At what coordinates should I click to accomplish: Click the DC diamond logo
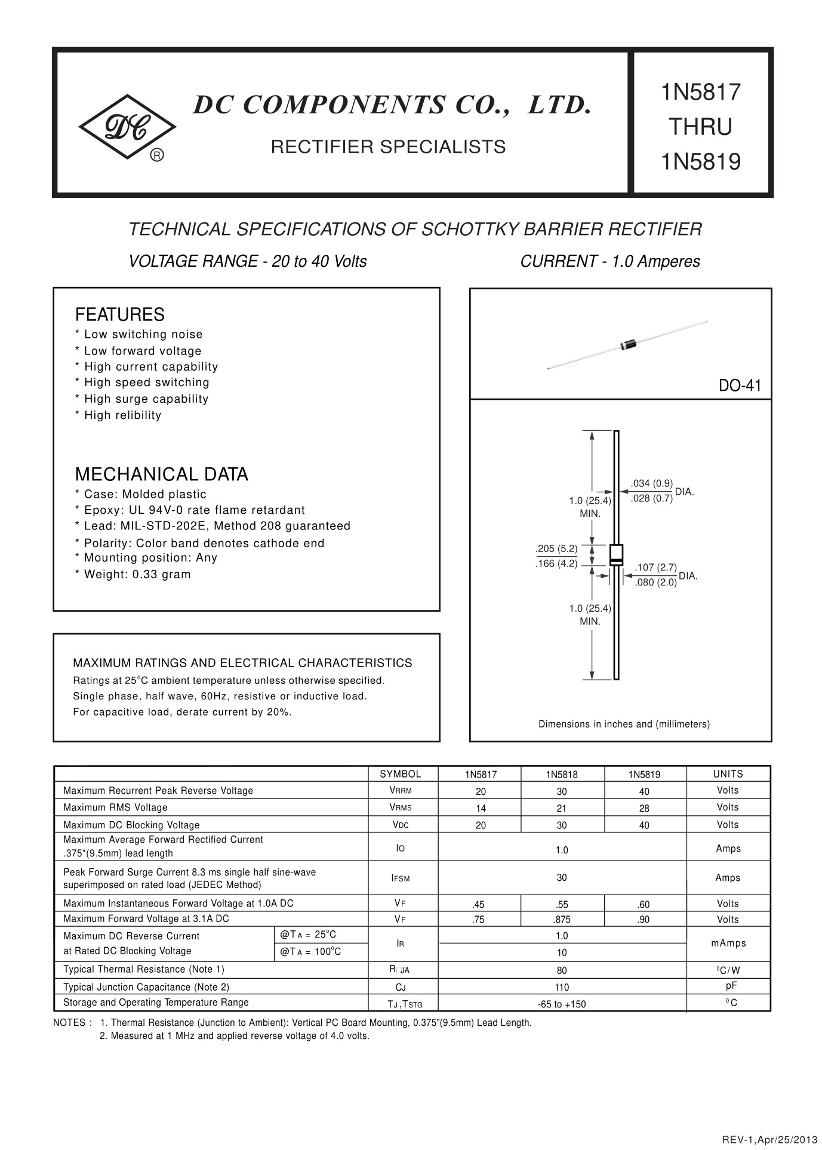coord(127,127)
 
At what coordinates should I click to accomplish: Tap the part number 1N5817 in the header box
coord(700,93)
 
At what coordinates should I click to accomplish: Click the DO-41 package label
coord(740,386)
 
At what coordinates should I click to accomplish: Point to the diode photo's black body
coord(628,344)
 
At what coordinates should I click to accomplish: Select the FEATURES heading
coord(119,315)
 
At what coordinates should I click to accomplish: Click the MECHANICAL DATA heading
coord(161,474)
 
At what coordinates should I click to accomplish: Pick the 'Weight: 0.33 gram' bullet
coord(137,575)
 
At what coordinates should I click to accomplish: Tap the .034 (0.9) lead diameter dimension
coord(652,483)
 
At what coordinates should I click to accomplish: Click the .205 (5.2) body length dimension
coord(556,548)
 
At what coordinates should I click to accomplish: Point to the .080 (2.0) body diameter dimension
coord(655,582)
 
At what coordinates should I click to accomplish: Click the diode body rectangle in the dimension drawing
coord(616,554)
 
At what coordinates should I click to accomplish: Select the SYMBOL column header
coord(401,774)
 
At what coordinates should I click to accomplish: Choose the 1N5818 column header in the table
coord(562,775)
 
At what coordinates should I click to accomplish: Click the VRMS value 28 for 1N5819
coord(644,809)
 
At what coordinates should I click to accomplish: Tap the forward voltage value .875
coord(562,920)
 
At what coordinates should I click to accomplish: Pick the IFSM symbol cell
coord(401,878)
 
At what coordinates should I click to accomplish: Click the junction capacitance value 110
coord(562,988)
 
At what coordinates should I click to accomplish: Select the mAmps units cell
coord(728,944)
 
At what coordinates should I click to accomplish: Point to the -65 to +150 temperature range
coord(562,1004)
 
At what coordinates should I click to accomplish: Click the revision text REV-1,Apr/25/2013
coord(769,1140)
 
